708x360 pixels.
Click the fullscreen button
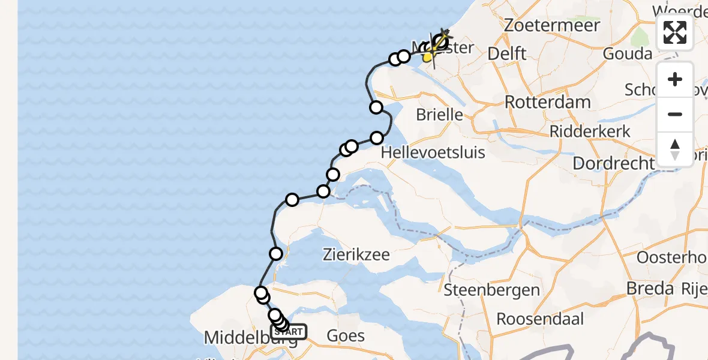675,32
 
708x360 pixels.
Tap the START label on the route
290,331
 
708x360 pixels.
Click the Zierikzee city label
356,254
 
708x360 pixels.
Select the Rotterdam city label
547,102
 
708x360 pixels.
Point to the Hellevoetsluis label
433,152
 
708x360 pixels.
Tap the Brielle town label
441,114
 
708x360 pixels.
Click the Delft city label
507,53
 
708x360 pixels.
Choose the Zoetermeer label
552,25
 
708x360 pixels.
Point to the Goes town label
346,335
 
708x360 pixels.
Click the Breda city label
649,289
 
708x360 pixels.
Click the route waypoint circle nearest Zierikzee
276,254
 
